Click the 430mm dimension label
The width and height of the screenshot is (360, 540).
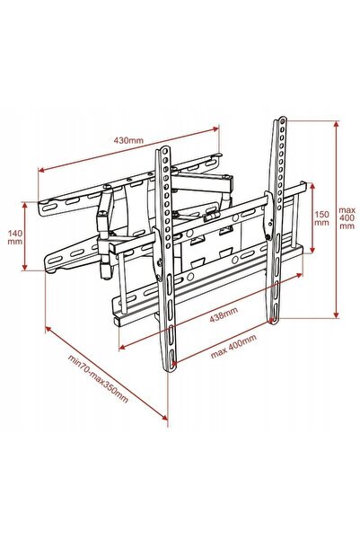click(x=128, y=140)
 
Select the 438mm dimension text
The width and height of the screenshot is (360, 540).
click(x=224, y=314)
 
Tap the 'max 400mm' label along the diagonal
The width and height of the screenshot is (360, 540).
click(x=233, y=347)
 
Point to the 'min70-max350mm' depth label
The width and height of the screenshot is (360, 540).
click(x=98, y=378)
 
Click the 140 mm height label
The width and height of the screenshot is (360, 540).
click(x=15, y=237)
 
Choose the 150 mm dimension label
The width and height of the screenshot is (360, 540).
click(x=321, y=218)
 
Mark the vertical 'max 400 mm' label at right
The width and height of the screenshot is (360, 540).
click(x=347, y=217)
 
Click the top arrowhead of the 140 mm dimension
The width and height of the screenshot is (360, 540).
click(x=24, y=205)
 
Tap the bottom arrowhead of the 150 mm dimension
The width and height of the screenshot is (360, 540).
click(x=312, y=250)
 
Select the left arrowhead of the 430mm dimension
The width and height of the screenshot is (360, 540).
click(x=41, y=170)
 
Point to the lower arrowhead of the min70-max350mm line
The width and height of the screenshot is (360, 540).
click(x=165, y=417)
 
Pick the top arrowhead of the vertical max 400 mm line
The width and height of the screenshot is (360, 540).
click(x=337, y=124)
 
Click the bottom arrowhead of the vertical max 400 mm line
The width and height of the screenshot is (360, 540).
click(x=337, y=314)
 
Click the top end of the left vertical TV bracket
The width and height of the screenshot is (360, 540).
click(x=163, y=148)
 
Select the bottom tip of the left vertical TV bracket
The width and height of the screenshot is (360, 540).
click(x=170, y=371)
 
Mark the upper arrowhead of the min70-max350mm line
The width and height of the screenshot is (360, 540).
click(x=48, y=330)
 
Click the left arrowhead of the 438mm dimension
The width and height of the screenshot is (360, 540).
click(x=122, y=348)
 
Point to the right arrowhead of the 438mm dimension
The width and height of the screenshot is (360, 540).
click(x=299, y=275)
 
